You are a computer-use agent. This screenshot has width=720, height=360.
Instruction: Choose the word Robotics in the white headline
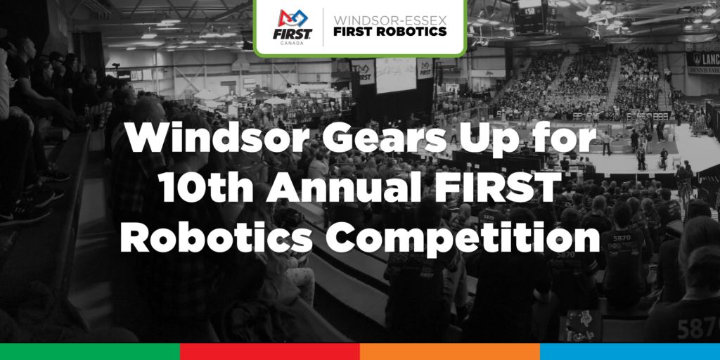pyautogui.click(x=216, y=238)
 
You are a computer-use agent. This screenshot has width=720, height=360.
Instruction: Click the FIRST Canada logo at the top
pyautogui.click(x=292, y=27)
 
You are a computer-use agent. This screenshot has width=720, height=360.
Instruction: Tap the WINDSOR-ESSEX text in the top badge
pyautogui.click(x=390, y=20)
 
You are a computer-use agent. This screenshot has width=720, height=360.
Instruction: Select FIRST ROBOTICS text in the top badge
pyautogui.click(x=390, y=32)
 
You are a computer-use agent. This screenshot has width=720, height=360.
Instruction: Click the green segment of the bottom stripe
pyautogui.click(x=90, y=352)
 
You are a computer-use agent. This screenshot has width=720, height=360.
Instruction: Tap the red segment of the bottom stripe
pyautogui.click(x=270, y=352)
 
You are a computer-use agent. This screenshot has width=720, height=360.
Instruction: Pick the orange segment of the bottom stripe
pyautogui.click(x=450, y=352)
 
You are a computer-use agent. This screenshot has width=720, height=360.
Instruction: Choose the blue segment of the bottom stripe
pyautogui.click(x=630, y=352)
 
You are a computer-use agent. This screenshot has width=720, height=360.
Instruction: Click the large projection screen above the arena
pyautogui.click(x=396, y=75)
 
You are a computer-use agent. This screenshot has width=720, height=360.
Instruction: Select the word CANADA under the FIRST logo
pyautogui.click(x=292, y=44)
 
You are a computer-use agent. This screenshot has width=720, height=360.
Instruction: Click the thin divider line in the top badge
pyautogui.click(x=323, y=27)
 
